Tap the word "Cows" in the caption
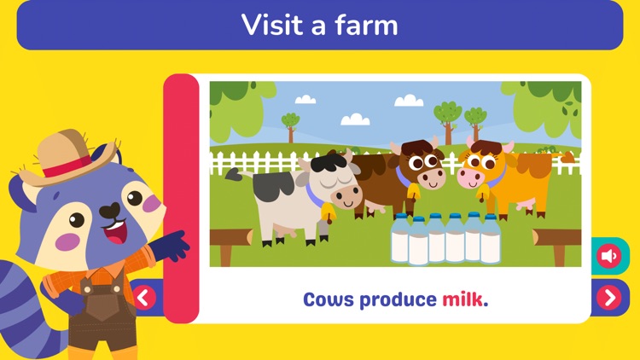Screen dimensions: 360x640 [x=329, y=300]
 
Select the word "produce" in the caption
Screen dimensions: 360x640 [x=397, y=300]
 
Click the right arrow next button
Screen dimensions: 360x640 [x=609, y=297]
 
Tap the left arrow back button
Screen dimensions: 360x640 [x=143, y=297]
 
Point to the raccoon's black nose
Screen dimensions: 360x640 [x=109, y=210]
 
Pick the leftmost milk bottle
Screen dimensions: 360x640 [x=399, y=241]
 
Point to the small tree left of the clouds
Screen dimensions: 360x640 [x=291, y=125]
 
